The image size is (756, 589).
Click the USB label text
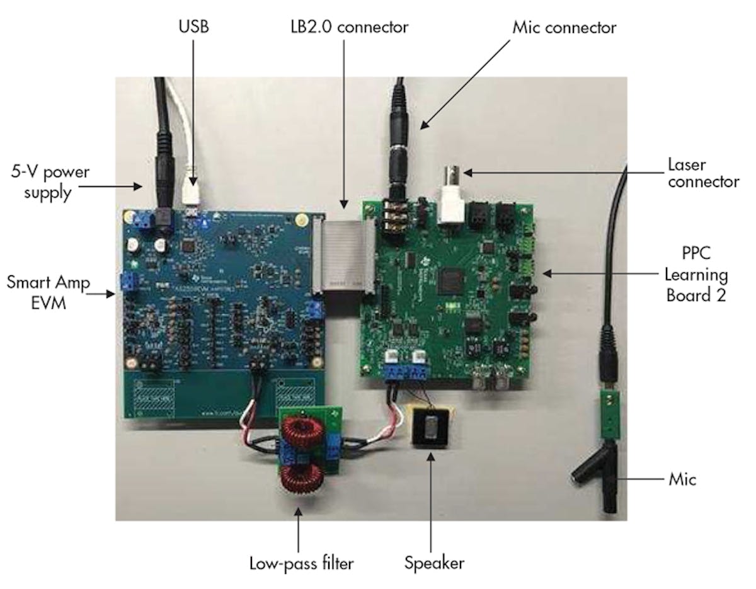coord(193,28)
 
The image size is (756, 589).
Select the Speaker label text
coord(434,562)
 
